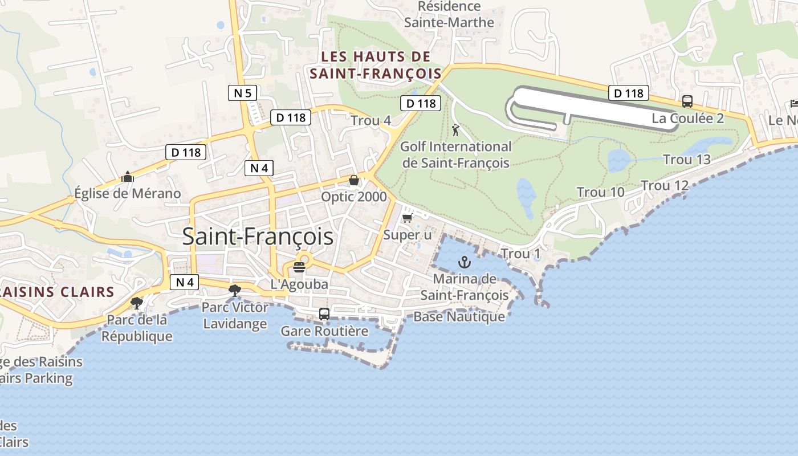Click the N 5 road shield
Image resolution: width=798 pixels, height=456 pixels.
[x=243, y=92]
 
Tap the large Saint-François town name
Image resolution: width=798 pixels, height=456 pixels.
[x=258, y=237]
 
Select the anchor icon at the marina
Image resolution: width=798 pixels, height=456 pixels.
[x=465, y=262]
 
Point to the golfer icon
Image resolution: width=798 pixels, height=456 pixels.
[x=455, y=131]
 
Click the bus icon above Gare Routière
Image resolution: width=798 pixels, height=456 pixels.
[x=324, y=313]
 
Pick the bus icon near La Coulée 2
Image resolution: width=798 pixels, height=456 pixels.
[x=687, y=101]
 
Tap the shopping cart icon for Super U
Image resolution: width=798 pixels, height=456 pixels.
[x=407, y=218]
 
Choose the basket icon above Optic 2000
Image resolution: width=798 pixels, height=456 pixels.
[x=354, y=180]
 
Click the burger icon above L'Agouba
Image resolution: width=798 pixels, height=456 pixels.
[x=299, y=267]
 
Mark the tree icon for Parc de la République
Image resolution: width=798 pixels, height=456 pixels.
[x=136, y=303]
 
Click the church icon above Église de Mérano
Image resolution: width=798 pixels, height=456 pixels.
[x=128, y=177]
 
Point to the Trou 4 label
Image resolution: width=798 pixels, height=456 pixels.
[x=370, y=121]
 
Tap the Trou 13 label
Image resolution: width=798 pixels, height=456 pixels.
[x=687, y=160]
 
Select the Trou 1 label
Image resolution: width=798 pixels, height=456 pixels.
[x=520, y=253]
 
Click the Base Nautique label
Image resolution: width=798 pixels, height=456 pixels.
[x=459, y=316]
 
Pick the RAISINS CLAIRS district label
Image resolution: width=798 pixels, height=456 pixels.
[x=57, y=292]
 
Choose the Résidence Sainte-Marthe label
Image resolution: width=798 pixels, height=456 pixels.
[x=449, y=14]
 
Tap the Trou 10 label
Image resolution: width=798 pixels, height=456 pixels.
[x=601, y=192]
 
